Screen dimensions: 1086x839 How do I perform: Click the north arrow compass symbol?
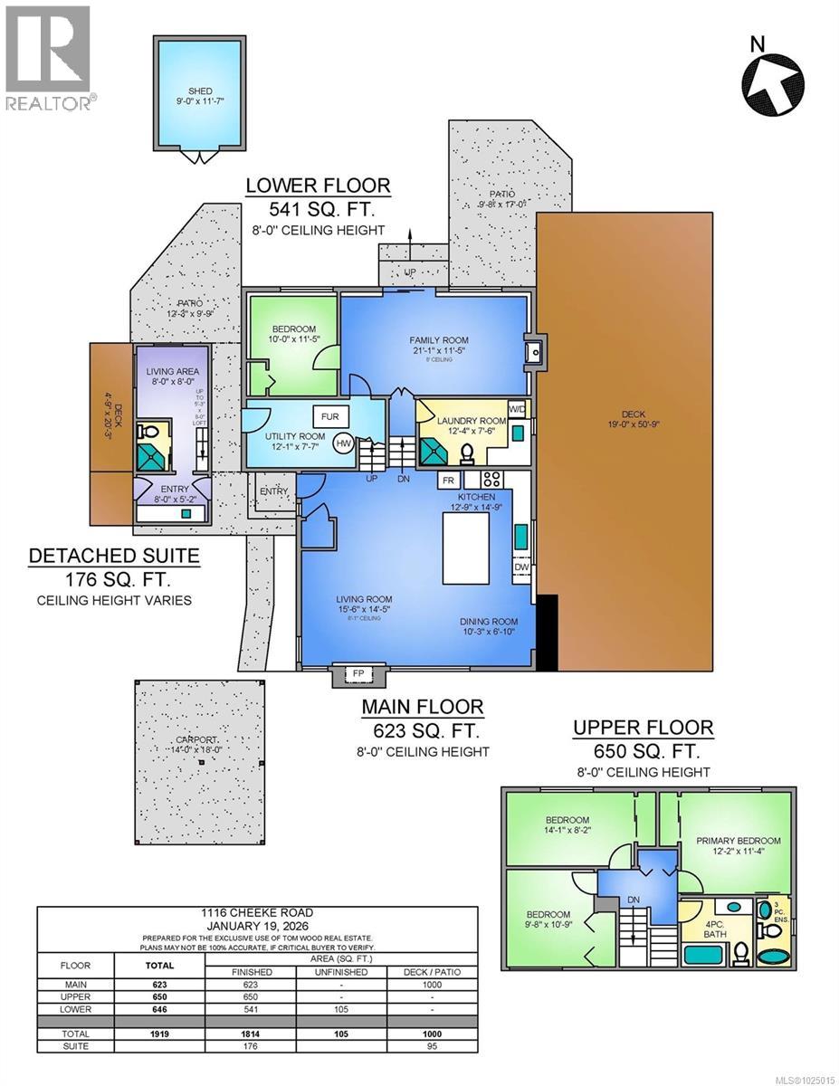[x=773, y=76]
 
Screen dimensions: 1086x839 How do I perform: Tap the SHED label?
[x=199, y=90]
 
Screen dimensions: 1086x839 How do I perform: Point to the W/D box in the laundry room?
[x=517, y=408]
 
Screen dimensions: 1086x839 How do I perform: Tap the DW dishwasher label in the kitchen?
[x=521, y=567]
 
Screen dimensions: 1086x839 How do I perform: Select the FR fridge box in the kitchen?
[x=447, y=480]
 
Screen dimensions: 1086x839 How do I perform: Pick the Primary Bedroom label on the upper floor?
[x=738, y=840]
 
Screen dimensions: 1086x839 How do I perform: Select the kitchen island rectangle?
[x=467, y=546]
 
